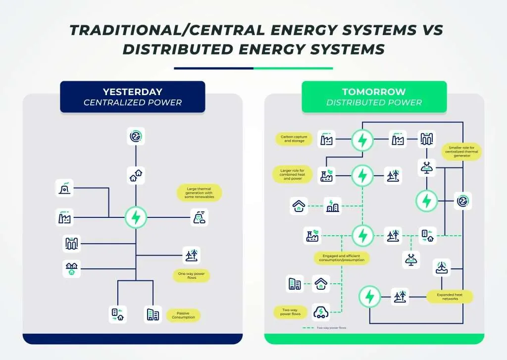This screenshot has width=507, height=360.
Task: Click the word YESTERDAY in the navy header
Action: point(132,92)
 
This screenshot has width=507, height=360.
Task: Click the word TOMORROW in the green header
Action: point(374,92)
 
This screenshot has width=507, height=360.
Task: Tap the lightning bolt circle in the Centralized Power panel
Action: point(135,217)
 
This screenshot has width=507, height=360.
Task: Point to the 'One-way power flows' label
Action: point(191,275)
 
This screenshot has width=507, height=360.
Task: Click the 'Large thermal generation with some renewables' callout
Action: point(199,192)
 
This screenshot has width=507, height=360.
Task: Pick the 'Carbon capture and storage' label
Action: point(294,139)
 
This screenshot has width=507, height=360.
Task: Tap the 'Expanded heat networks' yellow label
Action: point(450,297)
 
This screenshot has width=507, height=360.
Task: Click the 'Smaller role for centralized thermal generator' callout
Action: point(461,152)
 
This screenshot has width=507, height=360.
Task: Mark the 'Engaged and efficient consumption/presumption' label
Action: point(342,257)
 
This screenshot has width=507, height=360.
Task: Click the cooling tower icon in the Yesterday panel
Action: point(65,188)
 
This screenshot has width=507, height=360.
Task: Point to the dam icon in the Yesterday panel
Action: point(72,243)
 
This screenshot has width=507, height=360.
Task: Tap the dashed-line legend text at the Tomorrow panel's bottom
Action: point(332,328)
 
